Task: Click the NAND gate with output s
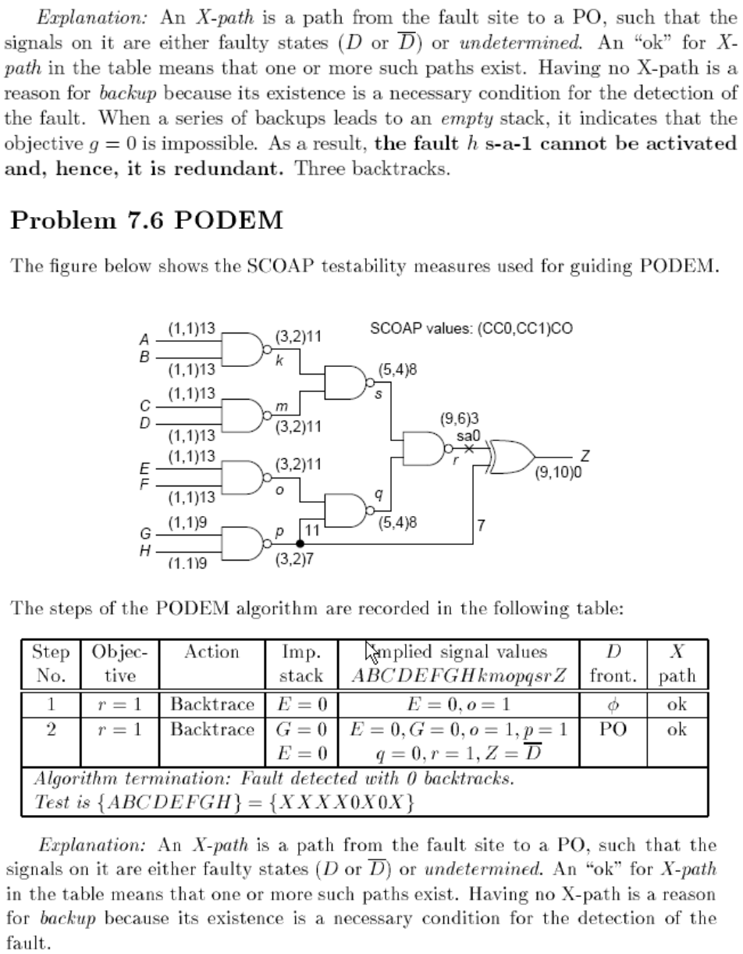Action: tap(345, 382)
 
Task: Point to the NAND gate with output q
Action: tap(345, 510)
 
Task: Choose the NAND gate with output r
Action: tap(422, 449)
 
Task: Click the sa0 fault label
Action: tap(468, 435)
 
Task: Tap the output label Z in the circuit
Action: tap(585, 456)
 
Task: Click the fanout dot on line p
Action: tap(300, 543)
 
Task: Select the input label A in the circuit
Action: tap(144, 340)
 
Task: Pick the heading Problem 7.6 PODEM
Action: tap(146, 220)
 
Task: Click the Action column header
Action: tap(212, 653)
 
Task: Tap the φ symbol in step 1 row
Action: tap(612, 705)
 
